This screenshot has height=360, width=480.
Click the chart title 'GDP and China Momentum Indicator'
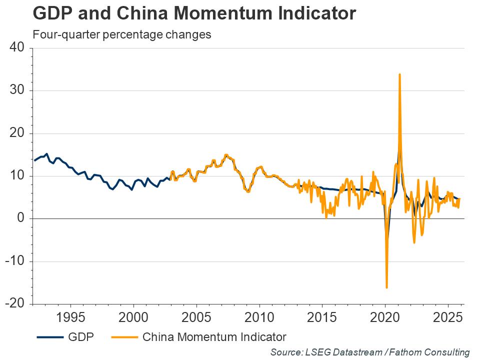point(194,14)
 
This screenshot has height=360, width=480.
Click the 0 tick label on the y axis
point(20,218)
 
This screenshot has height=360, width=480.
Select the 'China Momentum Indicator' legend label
point(214,336)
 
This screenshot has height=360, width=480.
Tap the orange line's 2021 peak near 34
point(399,74)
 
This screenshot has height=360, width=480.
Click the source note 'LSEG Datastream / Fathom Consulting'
point(370,352)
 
